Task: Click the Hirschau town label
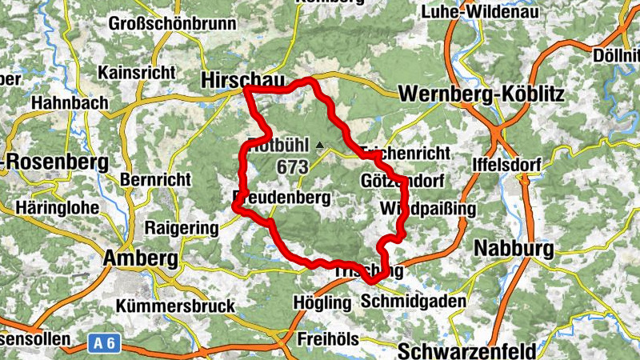pyautogui.click(x=233, y=79)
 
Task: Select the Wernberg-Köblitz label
pyautogui.click(x=481, y=94)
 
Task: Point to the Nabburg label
pyautogui.click(x=514, y=248)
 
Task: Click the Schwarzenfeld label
pyautogui.click(x=466, y=351)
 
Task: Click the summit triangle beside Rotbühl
pyautogui.click(x=320, y=146)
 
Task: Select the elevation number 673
pyautogui.click(x=293, y=166)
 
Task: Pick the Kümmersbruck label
pyautogui.click(x=175, y=306)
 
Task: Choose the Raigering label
pyautogui.click(x=181, y=228)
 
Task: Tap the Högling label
pyautogui.click(x=322, y=303)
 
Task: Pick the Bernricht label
pyautogui.click(x=156, y=180)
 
